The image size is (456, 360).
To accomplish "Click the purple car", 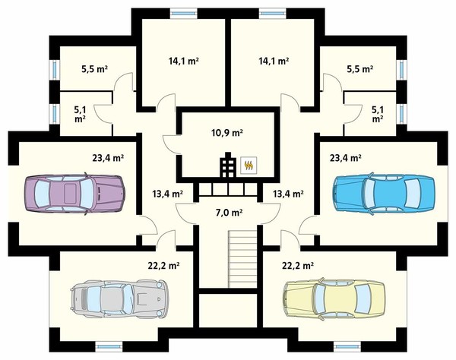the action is [x=75, y=194].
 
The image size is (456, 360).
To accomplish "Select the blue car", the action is [x=385, y=193].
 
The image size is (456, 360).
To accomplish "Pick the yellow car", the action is [x=334, y=298].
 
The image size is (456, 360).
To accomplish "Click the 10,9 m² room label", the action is [x=227, y=133].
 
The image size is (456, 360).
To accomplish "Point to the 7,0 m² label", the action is [x=230, y=213].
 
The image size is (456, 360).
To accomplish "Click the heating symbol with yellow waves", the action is [x=249, y=166].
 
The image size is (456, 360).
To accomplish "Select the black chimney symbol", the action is [x=228, y=165].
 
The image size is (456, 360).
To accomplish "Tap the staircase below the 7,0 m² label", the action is [x=242, y=258].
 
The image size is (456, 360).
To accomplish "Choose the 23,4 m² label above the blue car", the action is [x=346, y=158].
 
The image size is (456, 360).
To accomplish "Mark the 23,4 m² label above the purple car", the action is [x=108, y=158].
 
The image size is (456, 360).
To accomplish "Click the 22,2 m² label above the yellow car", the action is [x=298, y=265].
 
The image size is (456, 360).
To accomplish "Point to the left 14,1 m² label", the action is [x=183, y=61].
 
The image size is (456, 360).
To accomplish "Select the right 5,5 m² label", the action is [x=360, y=69].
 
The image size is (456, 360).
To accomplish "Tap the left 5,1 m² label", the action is [x=80, y=114].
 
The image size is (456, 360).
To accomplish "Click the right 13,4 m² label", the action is [x=289, y=193].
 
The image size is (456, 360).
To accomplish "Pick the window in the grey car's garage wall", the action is [x=109, y=346].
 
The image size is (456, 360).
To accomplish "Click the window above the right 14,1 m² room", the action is [x=273, y=12].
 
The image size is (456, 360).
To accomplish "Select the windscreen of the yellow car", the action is [x=318, y=299].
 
